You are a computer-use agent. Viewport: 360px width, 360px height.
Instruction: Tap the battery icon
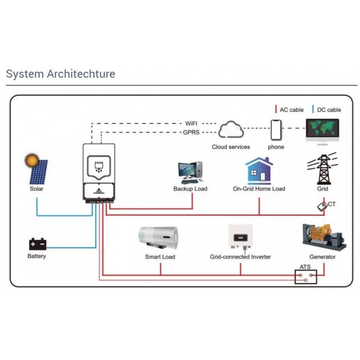coord(37,244)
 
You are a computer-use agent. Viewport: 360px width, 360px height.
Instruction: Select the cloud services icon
coord(231,130)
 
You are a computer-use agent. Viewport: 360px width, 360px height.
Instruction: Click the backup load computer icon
coord(190,172)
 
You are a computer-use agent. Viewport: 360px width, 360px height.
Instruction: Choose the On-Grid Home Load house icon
coord(259,171)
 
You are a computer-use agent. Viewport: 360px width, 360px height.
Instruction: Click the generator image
coord(322,237)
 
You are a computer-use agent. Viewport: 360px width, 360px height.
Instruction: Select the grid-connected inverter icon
coord(240,238)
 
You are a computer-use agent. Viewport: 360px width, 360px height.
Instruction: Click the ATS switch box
coord(305,277)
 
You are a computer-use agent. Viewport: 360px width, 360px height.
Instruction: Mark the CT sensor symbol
coord(323,206)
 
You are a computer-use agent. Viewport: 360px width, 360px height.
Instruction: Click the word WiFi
coord(191,123)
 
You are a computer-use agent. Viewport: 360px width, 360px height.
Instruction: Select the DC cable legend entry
coord(327,110)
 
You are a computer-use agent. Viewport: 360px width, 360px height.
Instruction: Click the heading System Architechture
coord(61,74)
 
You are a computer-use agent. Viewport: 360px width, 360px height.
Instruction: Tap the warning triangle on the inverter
coord(99,190)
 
